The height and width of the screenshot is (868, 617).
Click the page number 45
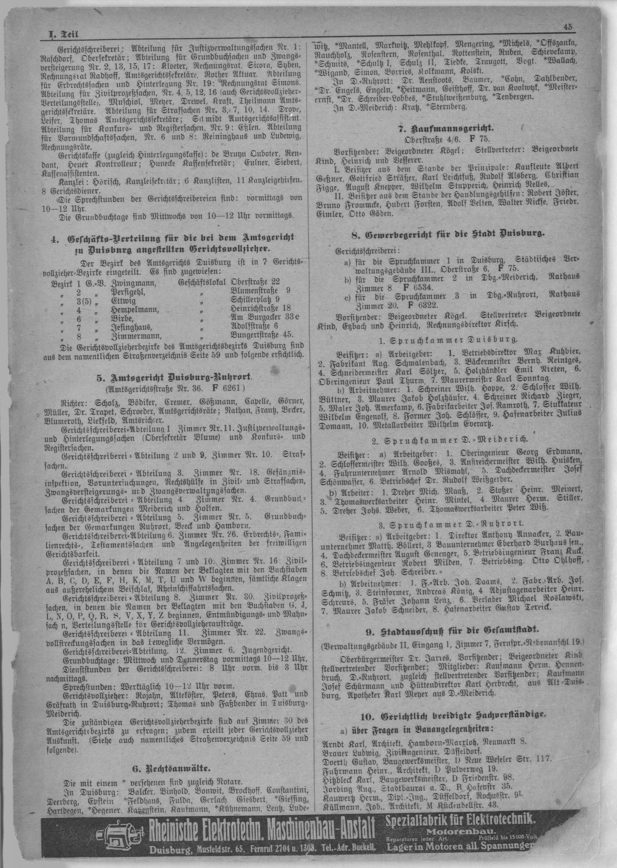(x=568, y=27)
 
